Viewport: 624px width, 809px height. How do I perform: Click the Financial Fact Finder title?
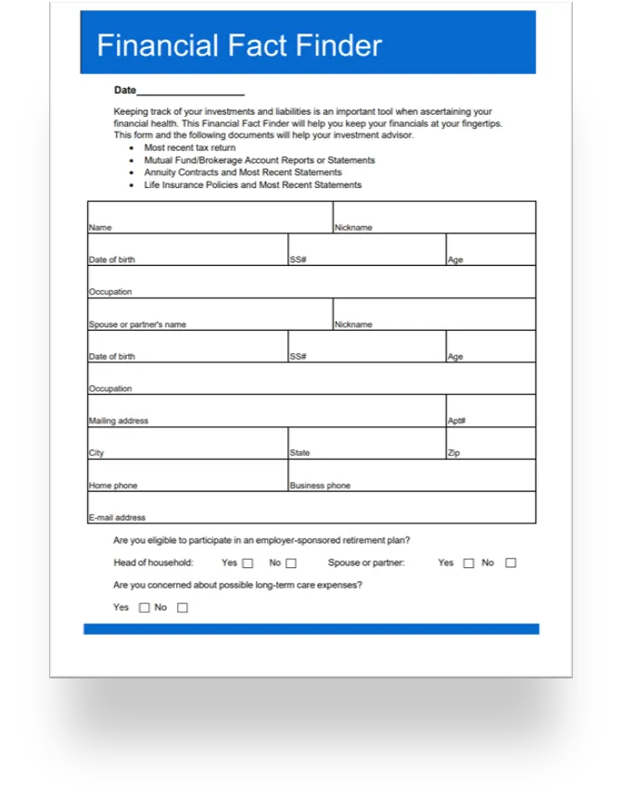pyautogui.click(x=239, y=45)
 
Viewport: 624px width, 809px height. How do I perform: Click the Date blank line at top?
pyautogui.click(x=190, y=91)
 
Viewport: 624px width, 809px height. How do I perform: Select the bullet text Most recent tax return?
pyautogui.click(x=190, y=147)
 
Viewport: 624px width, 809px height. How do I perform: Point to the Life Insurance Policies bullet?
pyautogui.click(x=252, y=184)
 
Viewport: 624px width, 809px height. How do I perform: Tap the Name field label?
pyautogui.click(x=100, y=227)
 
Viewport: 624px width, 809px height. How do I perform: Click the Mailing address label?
pyautogui.click(x=119, y=421)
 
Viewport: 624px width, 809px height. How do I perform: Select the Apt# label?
pyautogui.click(x=456, y=421)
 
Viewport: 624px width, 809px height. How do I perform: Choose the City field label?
pyautogui.click(x=96, y=453)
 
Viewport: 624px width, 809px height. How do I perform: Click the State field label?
pyautogui.click(x=299, y=453)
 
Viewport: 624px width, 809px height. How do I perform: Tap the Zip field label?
pyautogui.click(x=453, y=453)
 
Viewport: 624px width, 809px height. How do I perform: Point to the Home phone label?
pyautogui.click(x=113, y=486)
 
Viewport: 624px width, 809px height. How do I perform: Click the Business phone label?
pyautogui.click(x=320, y=486)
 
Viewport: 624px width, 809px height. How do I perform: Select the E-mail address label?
pyautogui.click(x=117, y=518)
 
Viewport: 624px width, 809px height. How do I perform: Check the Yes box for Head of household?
pyautogui.click(x=248, y=563)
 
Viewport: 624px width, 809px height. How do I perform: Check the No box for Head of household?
pyautogui.click(x=291, y=563)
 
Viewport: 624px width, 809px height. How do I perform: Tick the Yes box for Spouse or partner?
pyautogui.click(x=468, y=563)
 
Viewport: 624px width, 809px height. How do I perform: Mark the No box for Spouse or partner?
pyautogui.click(x=511, y=563)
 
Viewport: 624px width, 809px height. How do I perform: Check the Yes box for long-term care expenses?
pyautogui.click(x=144, y=608)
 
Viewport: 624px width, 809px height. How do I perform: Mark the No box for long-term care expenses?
pyautogui.click(x=182, y=608)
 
